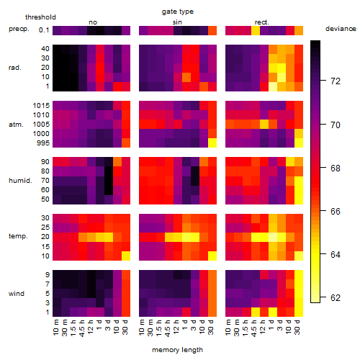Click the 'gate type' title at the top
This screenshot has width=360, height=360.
click(x=178, y=12)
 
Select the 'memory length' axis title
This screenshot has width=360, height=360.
click(x=177, y=350)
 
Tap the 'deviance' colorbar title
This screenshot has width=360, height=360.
click(x=341, y=29)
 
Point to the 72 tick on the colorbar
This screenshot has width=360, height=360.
click(x=323, y=81)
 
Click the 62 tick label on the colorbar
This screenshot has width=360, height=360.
click(x=336, y=298)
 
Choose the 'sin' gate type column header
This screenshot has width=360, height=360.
click(x=177, y=22)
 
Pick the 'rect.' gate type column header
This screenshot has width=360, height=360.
click(x=261, y=22)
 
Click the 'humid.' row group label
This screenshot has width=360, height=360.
click(x=20, y=181)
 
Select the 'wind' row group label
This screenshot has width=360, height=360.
click(x=17, y=294)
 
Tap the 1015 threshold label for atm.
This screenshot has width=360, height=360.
click(x=41, y=106)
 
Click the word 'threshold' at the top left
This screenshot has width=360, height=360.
click(x=40, y=17)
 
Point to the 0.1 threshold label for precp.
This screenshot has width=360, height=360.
click(x=44, y=30)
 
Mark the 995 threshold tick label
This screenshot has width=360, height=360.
click(x=43, y=143)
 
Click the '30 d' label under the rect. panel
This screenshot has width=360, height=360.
click(x=297, y=327)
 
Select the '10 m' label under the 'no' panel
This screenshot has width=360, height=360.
click(x=55, y=327)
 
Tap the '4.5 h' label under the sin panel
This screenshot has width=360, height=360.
click(x=168, y=328)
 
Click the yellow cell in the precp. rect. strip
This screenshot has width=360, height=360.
click(x=256, y=30)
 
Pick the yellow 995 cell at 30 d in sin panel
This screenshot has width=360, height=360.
click(x=212, y=143)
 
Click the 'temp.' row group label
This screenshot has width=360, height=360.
click(x=18, y=236)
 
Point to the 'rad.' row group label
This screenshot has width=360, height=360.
click(x=15, y=68)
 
